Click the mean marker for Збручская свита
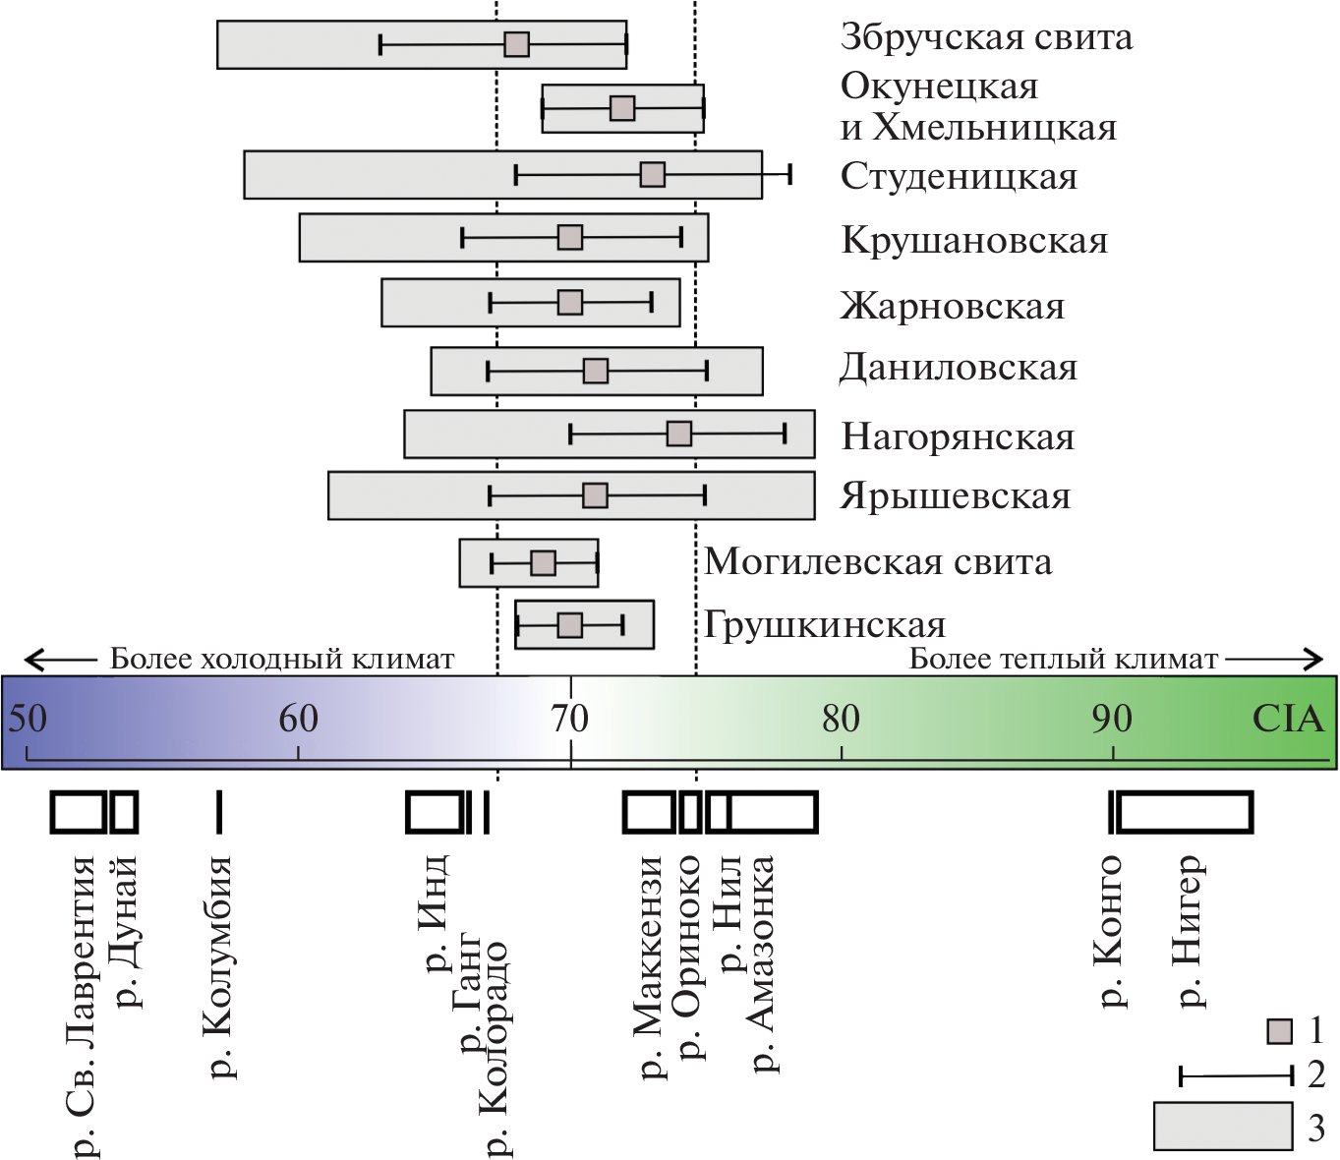(x=516, y=44)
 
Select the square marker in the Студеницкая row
(x=652, y=175)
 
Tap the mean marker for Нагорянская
(x=678, y=434)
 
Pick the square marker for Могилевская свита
(x=543, y=563)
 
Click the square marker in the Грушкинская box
(x=569, y=625)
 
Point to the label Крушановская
(x=974, y=241)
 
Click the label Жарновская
(x=952, y=307)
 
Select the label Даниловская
(x=959, y=369)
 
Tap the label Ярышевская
(x=956, y=496)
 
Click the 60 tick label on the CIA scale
(x=298, y=720)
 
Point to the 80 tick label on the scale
(x=841, y=720)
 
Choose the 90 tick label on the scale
(x=1111, y=720)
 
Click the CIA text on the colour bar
(x=1288, y=720)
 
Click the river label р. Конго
(x=1110, y=930)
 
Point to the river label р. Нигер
(x=1190, y=930)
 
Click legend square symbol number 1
(x=1279, y=1031)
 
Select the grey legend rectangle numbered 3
(x=1223, y=1126)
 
